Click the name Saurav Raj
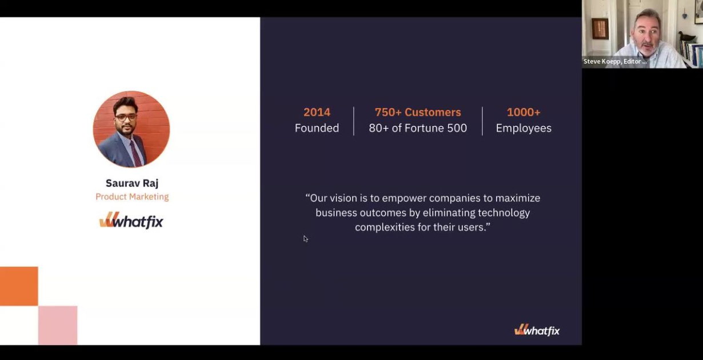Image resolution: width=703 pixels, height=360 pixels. click(x=132, y=183)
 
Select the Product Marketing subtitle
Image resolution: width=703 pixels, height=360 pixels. click(x=132, y=197)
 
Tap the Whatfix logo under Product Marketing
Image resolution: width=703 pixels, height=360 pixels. click(x=131, y=221)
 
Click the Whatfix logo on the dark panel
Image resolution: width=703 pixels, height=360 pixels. click(x=537, y=330)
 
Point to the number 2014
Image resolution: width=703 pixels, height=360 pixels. click(x=317, y=112)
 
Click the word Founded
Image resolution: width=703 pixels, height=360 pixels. click(x=317, y=128)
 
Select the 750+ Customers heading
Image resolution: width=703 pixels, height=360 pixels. click(x=418, y=112)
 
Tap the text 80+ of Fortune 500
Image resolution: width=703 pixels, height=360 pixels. click(x=418, y=128)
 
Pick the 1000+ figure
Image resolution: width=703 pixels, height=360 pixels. click(x=524, y=112)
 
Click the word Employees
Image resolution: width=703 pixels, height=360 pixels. click(x=524, y=128)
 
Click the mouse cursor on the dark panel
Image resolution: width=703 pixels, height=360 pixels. click(x=305, y=238)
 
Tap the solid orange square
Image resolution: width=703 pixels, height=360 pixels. click(x=19, y=286)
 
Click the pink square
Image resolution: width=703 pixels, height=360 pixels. click(x=58, y=325)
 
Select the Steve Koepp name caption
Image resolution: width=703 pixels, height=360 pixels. click(x=615, y=61)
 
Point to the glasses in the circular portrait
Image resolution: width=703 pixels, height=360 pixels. click(x=126, y=117)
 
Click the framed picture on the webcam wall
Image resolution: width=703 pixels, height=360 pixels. click(x=600, y=29)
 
